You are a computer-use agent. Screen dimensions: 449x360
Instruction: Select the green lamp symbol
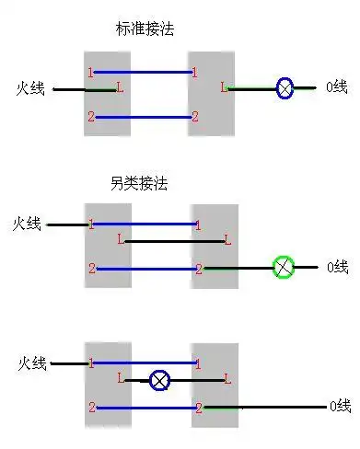[x=285, y=268]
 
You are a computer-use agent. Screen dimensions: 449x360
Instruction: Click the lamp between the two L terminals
[x=160, y=378]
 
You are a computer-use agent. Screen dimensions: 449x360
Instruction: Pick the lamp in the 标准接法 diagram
[x=285, y=89]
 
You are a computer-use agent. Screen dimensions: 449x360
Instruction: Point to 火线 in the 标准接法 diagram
[x=31, y=88]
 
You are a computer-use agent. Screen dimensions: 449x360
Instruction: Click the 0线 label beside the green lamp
[x=337, y=268]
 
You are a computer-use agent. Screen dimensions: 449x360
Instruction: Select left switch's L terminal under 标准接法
[x=120, y=88]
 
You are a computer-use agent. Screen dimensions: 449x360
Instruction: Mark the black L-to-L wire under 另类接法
[x=174, y=242]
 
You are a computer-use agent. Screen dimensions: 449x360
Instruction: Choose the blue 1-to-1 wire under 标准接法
[x=143, y=71]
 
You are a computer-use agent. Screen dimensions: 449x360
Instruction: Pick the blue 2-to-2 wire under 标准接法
[x=143, y=117]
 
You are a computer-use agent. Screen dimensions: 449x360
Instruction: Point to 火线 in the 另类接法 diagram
[x=28, y=224]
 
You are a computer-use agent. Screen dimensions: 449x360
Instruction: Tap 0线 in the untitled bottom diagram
[x=339, y=406]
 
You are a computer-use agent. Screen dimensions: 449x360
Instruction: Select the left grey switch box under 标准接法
[x=107, y=94]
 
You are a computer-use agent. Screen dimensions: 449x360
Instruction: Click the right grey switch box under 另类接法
[x=215, y=247]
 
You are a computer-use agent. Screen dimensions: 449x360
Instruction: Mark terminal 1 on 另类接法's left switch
[x=91, y=224]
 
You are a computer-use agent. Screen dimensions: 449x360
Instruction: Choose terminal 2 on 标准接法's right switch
[x=194, y=117]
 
